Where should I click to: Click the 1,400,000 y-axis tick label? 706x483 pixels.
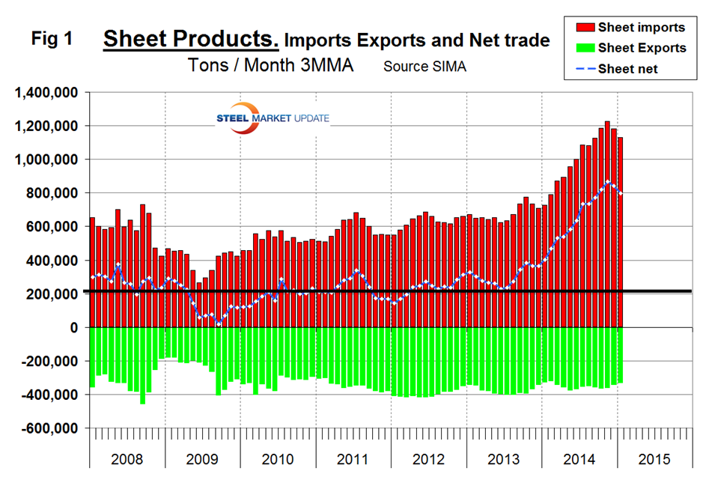point(46,93)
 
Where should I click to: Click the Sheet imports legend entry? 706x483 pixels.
point(642,28)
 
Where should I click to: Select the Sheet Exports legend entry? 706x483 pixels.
point(642,48)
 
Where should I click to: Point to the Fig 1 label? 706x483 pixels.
point(52,40)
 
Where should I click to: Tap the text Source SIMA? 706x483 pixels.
point(424,67)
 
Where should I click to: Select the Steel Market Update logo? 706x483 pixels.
point(272,118)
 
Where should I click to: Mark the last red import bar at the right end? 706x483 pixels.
point(620,232)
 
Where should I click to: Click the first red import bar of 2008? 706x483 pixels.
point(91,273)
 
